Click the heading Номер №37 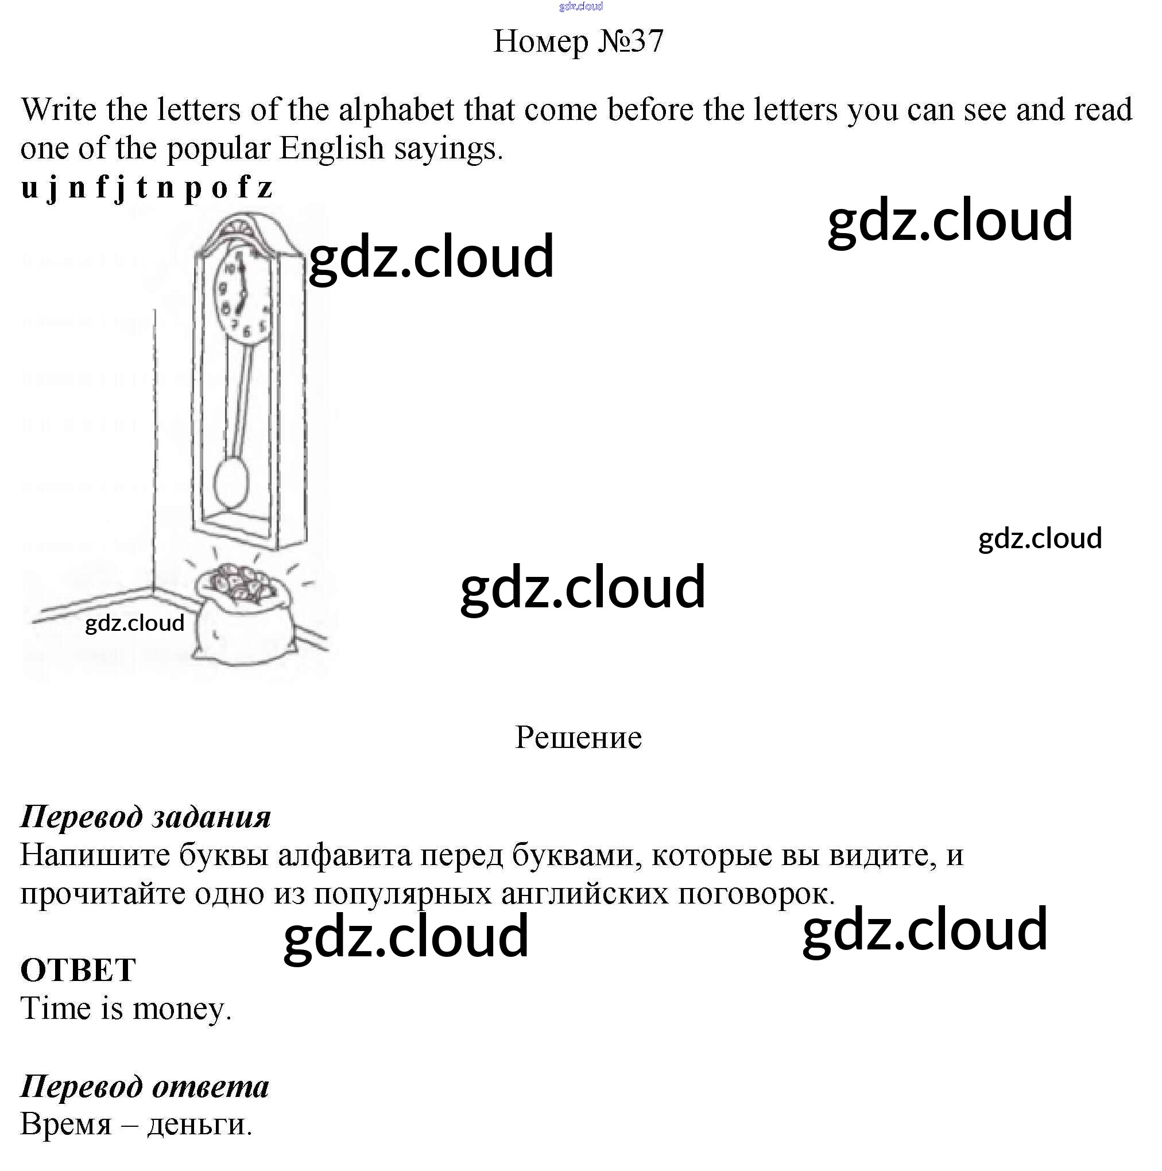coord(578,41)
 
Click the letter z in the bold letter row coord(264,188)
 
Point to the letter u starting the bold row coord(29,188)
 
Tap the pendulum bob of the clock coord(231,481)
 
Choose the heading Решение coord(578,738)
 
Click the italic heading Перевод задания coord(145,816)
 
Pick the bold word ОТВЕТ coord(78,970)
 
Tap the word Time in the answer coord(55,1008)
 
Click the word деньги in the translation coord(199,1125)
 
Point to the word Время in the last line coord(66,1125)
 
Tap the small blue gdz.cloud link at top coord(580,7)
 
